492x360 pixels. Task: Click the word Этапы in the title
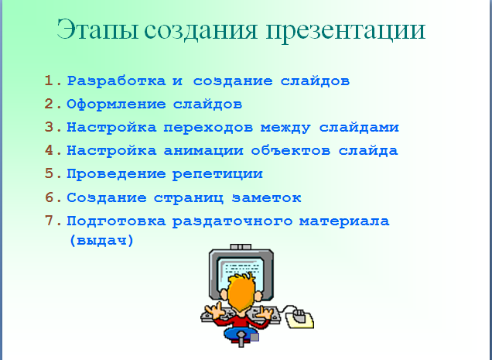click(97, 29)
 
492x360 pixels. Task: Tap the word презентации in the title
click(346, 32)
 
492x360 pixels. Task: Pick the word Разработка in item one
click(116, 81)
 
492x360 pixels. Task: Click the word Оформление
click(116, 105)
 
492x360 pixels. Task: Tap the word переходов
click(208, 128)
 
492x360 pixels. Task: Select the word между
click(285, 128)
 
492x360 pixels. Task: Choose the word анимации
click(203, 151)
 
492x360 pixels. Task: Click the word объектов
click(291, 150)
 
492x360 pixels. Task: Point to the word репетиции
click(217, 174)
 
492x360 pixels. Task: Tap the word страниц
click(189, 198)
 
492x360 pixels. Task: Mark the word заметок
click(267, 198)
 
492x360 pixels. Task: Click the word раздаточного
click(233, 221)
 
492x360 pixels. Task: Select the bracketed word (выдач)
click(101, 241)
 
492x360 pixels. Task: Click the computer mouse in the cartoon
click(299, 316)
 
